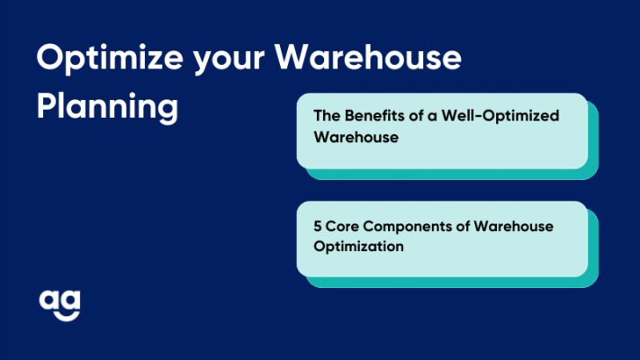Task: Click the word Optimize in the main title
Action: click(110, 58)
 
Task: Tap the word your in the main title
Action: click(229, 62)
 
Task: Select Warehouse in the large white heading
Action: click(368, 57)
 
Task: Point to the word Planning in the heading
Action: click(107, 107)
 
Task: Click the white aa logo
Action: click(59, 306)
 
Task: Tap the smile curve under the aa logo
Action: click(66, 316)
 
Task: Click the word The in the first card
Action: click(327, 115)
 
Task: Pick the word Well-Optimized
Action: click(500, 116)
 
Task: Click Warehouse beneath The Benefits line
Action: click(356, 137)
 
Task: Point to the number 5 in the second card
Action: click(318, 226)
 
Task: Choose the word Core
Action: click(342, 226)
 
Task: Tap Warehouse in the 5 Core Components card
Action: click(513, 226)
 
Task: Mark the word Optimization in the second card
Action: click(358, 247)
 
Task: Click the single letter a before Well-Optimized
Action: click(432, 117)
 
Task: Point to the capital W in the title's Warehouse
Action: click(293, 57)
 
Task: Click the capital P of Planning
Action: click(46, 105)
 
